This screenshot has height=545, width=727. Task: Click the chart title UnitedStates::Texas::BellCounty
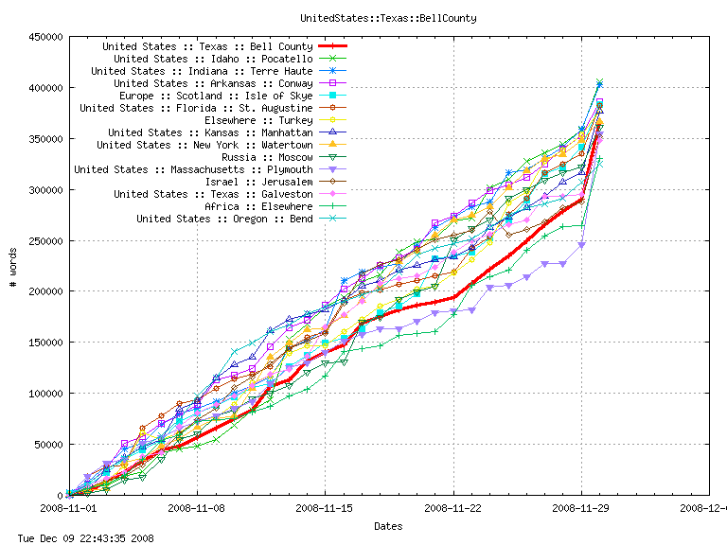point(387,18)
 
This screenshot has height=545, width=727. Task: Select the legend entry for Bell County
point(207,46)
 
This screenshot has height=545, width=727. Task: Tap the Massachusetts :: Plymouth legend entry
point(193,169)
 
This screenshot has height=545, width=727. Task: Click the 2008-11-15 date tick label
point(325,508)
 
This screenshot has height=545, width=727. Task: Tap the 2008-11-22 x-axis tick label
point(453,508)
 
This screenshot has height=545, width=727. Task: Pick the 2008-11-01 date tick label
point(68,508)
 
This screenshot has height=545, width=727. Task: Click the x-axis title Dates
point(387,526)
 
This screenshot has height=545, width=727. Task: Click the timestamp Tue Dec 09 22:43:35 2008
point(85,537)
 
